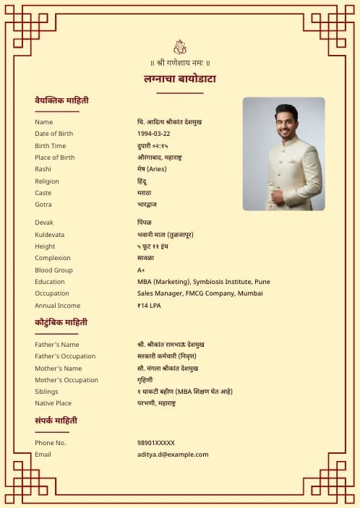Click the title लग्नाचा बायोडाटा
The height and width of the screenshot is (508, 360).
pyautogui.click(x=180, y=79)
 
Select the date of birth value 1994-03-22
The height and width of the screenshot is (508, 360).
pyautogui.click(x=154, y=134)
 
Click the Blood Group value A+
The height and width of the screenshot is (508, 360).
pyautogui.click(x=142, y=270)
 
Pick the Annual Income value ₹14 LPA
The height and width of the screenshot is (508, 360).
pyautogui.click(x=150, y=306)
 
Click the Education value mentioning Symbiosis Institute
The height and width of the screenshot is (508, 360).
pyautogui.click(x=204, y=282)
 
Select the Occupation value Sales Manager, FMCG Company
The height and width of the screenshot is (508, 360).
pyautogui.click(x=200, y=293)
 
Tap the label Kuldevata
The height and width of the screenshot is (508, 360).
pyautogui.click(x=50, y=235)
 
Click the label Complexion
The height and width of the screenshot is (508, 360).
pyautogui.click(x=53, y=258)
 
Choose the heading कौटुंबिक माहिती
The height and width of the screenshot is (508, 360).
pyautogui.click(x=61, y=322)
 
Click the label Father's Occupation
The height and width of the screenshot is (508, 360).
pyautogui.click(x=65, y=356)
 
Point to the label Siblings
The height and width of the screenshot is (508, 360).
pyautogui.click(x=46, y=392)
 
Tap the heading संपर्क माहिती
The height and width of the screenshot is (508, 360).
pyautogui.click(x=56, y=420)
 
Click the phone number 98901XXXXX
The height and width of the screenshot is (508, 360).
pyautogui.click(x=156, y=442)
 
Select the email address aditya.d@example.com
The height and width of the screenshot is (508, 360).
pyautogui.click(x=173, y=455)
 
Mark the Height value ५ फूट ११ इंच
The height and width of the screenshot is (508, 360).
pyautogui.click(x=158, y=246)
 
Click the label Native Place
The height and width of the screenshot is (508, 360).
pyautogui.click(x=53, y=403)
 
